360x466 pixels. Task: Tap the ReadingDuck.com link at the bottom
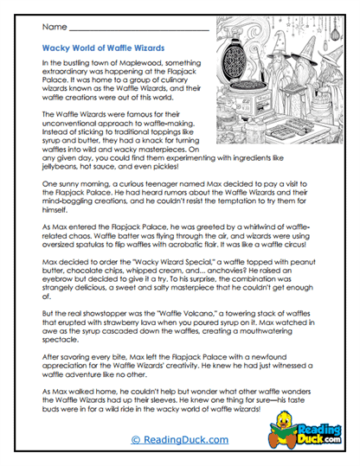point(182,441)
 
